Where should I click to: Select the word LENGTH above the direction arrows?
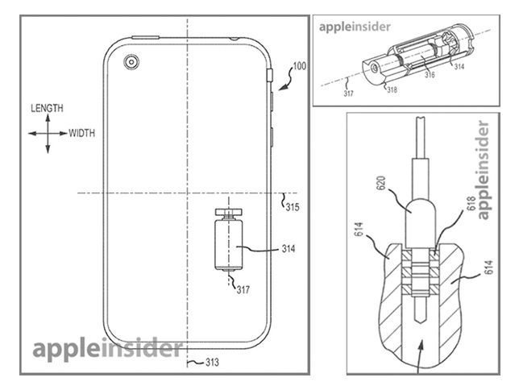[46, 107]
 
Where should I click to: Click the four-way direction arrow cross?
[47, 134]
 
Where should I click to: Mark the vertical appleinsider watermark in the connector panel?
[484, 170]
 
